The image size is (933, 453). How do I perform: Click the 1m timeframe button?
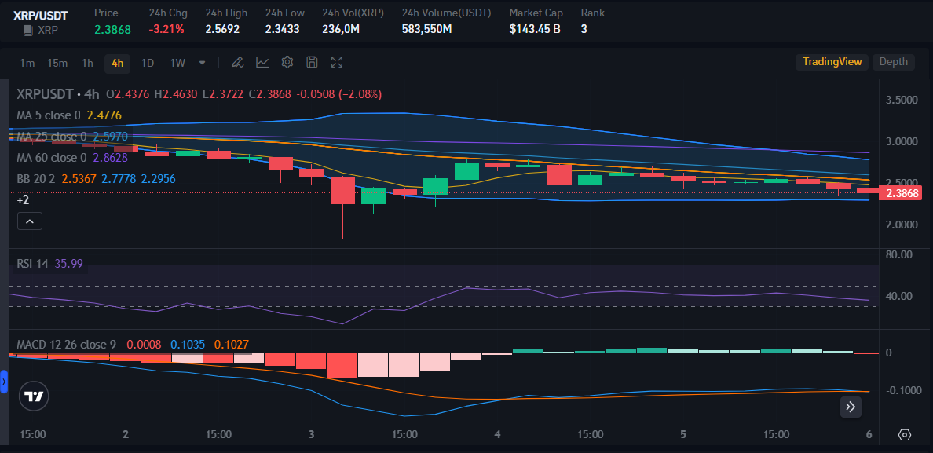coord(27,63)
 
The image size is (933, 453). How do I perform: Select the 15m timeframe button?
coord(57,63)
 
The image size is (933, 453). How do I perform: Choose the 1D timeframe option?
coord(147,63)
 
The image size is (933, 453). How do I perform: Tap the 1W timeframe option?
coord(177,63)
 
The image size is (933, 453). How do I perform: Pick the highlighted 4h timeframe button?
coord(117,63)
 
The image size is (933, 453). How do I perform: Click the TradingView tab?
coord(832,62)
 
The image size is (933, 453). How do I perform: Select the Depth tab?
coord(893,62)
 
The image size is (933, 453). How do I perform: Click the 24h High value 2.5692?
coord(222,29)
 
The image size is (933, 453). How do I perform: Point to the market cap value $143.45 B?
coord(534,29)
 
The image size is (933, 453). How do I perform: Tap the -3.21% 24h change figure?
coord(166,29)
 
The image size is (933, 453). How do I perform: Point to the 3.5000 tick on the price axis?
coord(901,100)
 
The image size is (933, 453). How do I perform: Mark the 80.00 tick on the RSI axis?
coord(898,254)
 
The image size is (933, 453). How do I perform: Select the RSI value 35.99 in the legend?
coord(68,264)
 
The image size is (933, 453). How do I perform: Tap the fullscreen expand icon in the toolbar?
coord(337,63)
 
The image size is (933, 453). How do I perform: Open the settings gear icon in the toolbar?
coord(287,63)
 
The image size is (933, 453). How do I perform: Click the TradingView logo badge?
coord(34,397)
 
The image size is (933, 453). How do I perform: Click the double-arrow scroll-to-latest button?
coord(851,407)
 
